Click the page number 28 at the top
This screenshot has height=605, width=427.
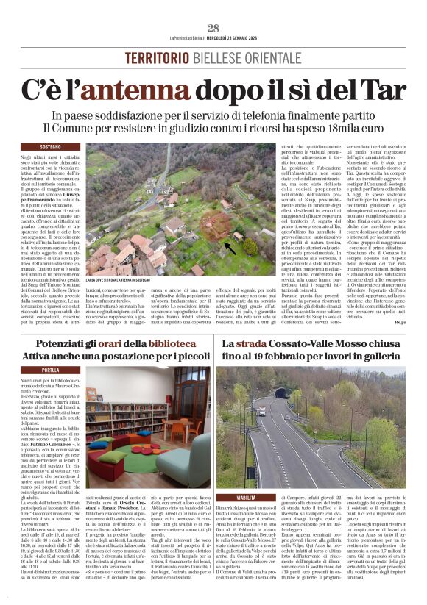click(213, 28)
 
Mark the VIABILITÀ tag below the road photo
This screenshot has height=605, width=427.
click(247, 498)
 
